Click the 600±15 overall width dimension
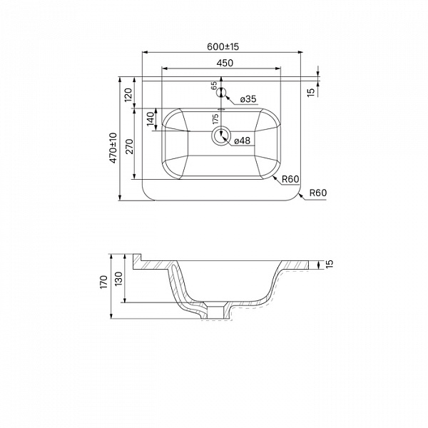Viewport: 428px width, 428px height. click(223, 46)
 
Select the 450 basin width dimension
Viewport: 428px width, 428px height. click(225, 63)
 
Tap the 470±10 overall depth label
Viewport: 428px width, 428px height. click(113, 148)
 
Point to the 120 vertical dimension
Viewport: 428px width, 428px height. click(128, 94)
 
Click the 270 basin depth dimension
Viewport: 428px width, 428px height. click(129, 146)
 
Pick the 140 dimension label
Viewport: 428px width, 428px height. click(151, 119)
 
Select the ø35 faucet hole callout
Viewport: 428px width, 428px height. click(248, 99)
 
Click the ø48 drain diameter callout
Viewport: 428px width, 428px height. click(242, 141)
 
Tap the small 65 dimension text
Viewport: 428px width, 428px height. click(214, 86)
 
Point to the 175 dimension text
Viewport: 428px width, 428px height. click(215, 119)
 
